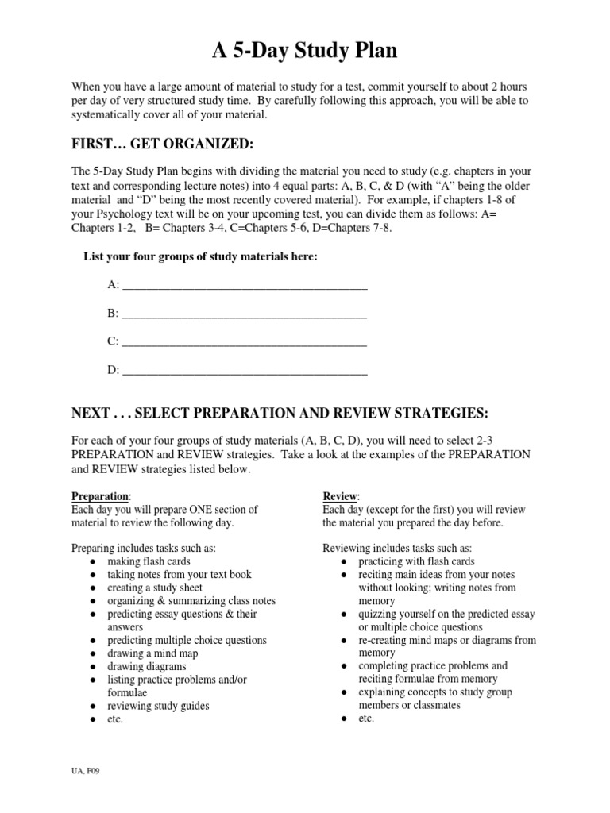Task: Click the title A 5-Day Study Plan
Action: [304, 52]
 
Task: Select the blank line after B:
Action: [245, 314]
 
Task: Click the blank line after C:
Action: [245, 342]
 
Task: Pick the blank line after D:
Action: [245, 370]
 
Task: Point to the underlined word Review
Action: [339, 496]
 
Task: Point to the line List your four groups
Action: [202, 256]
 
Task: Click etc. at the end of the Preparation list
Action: [117, 719]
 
